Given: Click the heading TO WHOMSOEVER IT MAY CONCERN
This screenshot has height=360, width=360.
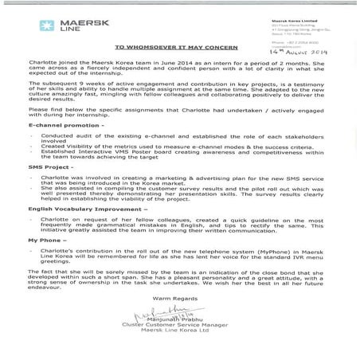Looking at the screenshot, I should point(179,70).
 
